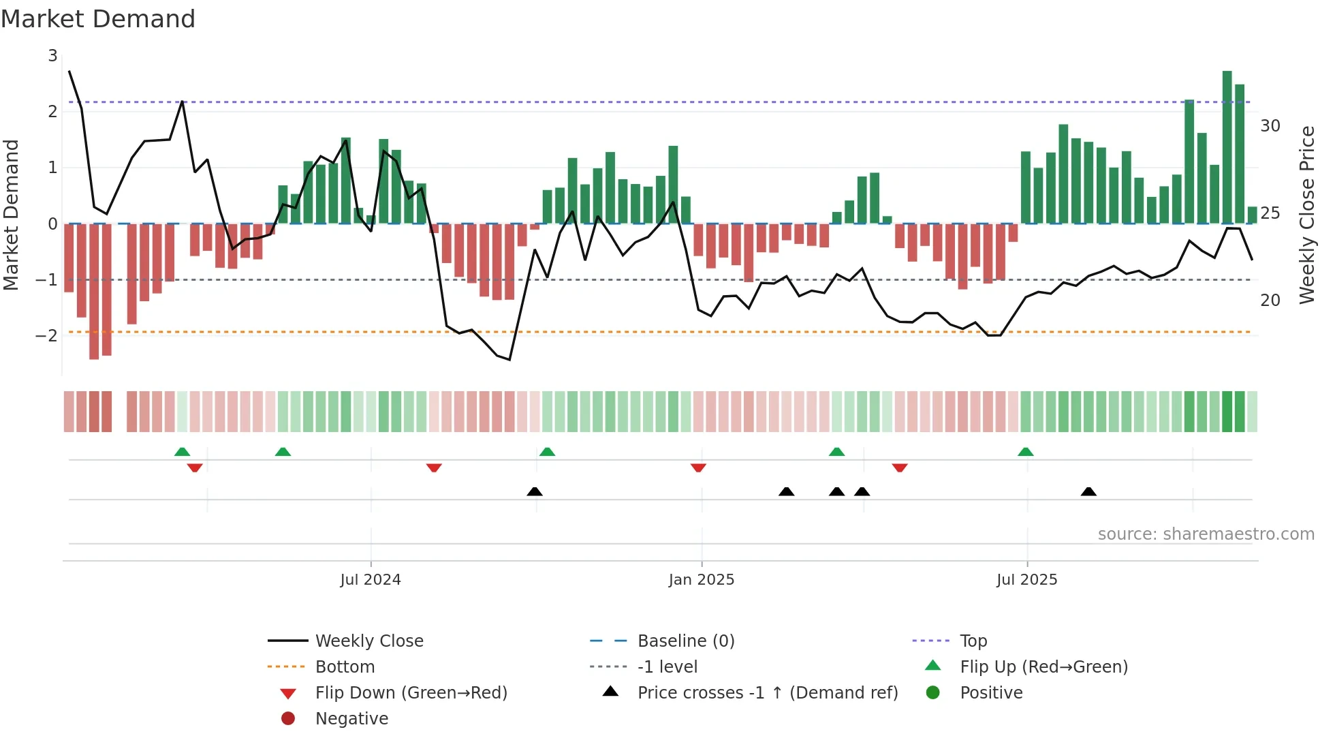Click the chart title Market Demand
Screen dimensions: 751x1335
[98, 19]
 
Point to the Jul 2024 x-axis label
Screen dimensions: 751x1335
[371, 580]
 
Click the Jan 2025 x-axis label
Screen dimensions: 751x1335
[702, 580]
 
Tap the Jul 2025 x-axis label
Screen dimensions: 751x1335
[1026, 580]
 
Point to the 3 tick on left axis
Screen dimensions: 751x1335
[52, 56]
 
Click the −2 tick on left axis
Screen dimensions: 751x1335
[46, 335]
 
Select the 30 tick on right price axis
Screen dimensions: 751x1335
[1270, 126]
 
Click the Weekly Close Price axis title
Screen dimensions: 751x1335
[1306, 215]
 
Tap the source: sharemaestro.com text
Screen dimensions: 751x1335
[1206, 534]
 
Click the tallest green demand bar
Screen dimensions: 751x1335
[1227, 147]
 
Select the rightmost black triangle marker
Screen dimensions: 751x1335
[1088, 492]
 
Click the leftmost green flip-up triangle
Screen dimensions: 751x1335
[182, 452]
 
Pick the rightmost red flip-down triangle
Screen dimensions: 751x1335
[899, 468]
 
